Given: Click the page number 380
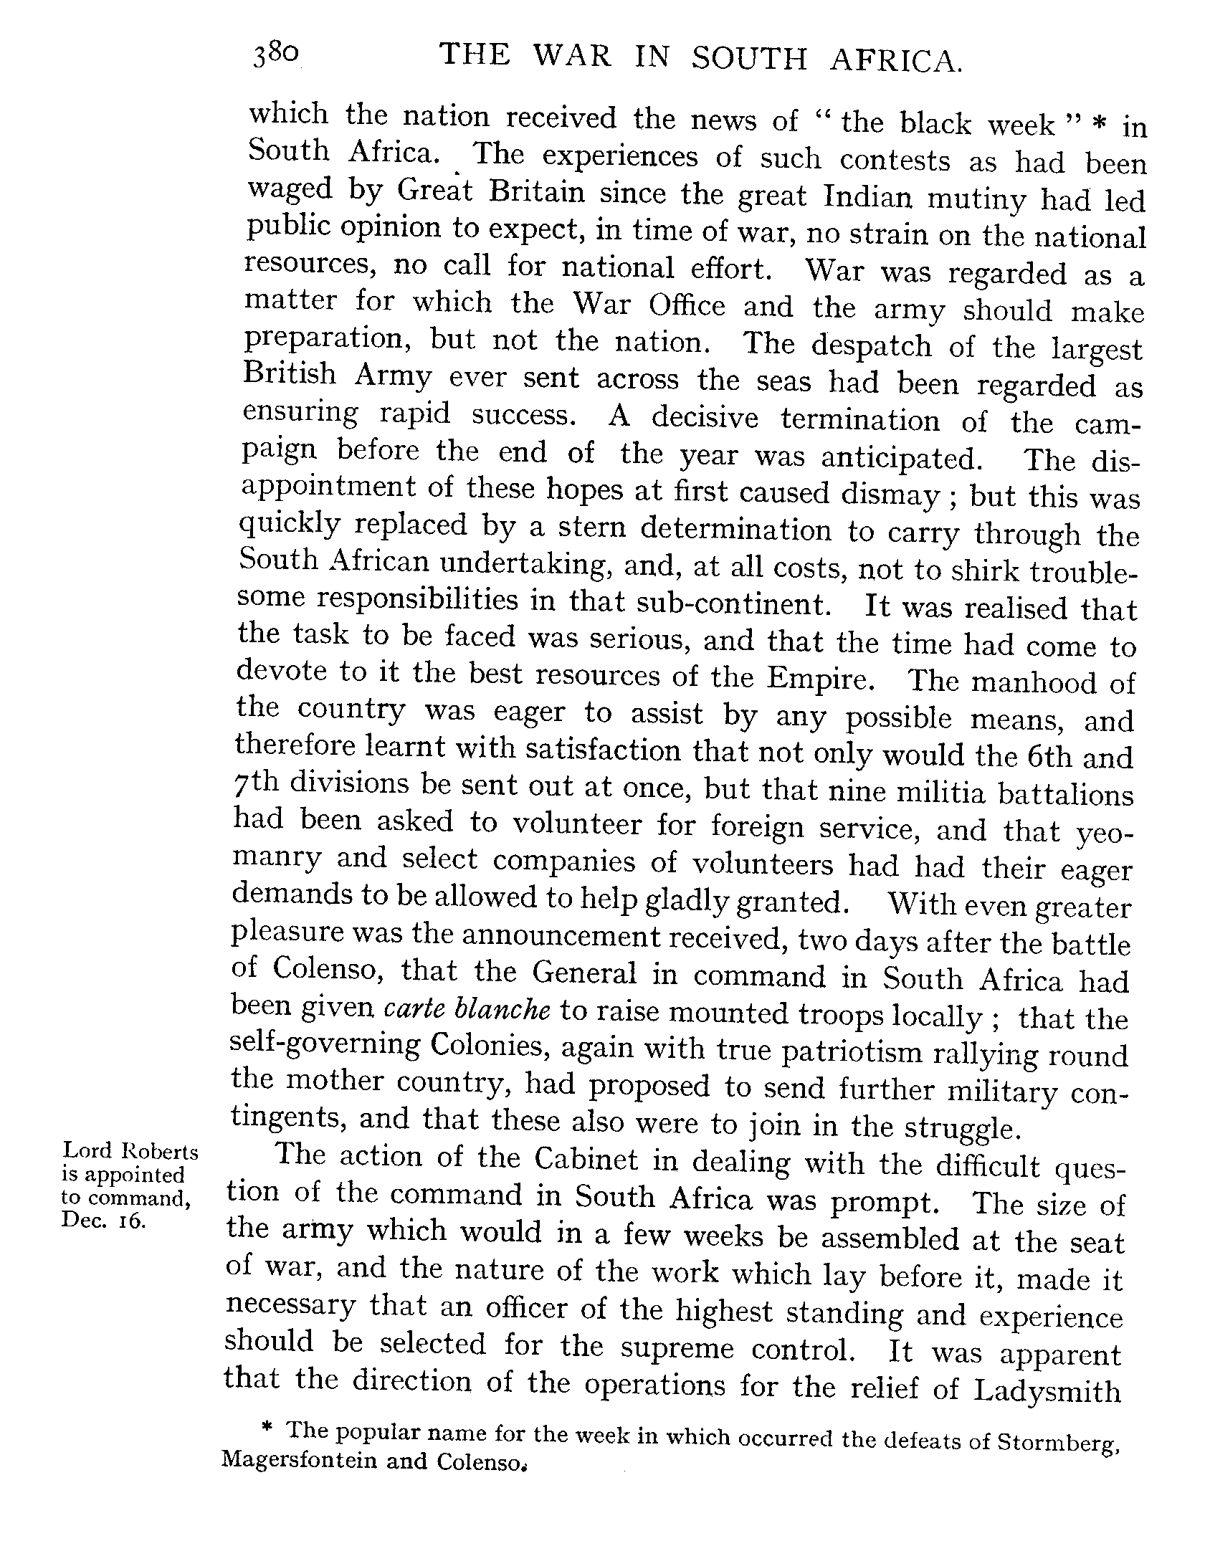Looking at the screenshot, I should [274, 55].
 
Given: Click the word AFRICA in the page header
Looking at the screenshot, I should [895, 60].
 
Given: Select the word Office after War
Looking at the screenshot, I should [686, 305].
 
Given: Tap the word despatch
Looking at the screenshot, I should [871, 345].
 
